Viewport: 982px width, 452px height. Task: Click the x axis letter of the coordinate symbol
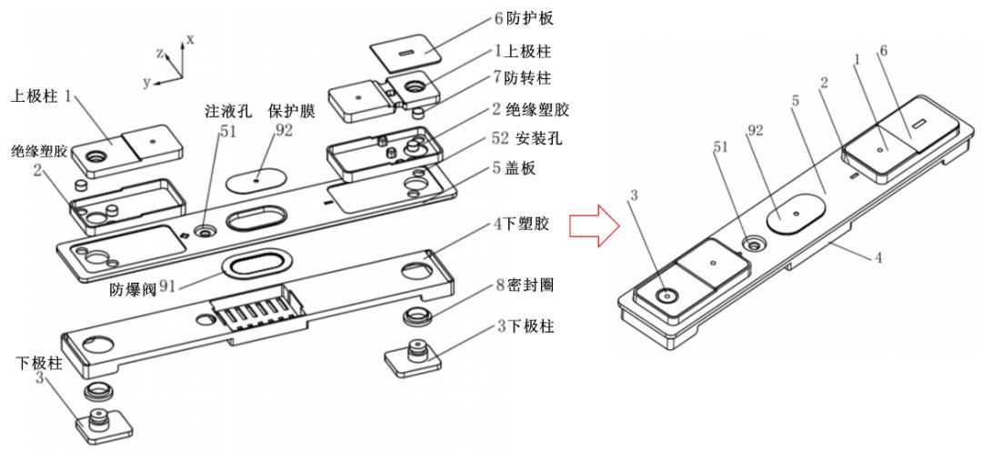[x=190, y=39]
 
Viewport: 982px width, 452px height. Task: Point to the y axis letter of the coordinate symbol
[x=145, y=81]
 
